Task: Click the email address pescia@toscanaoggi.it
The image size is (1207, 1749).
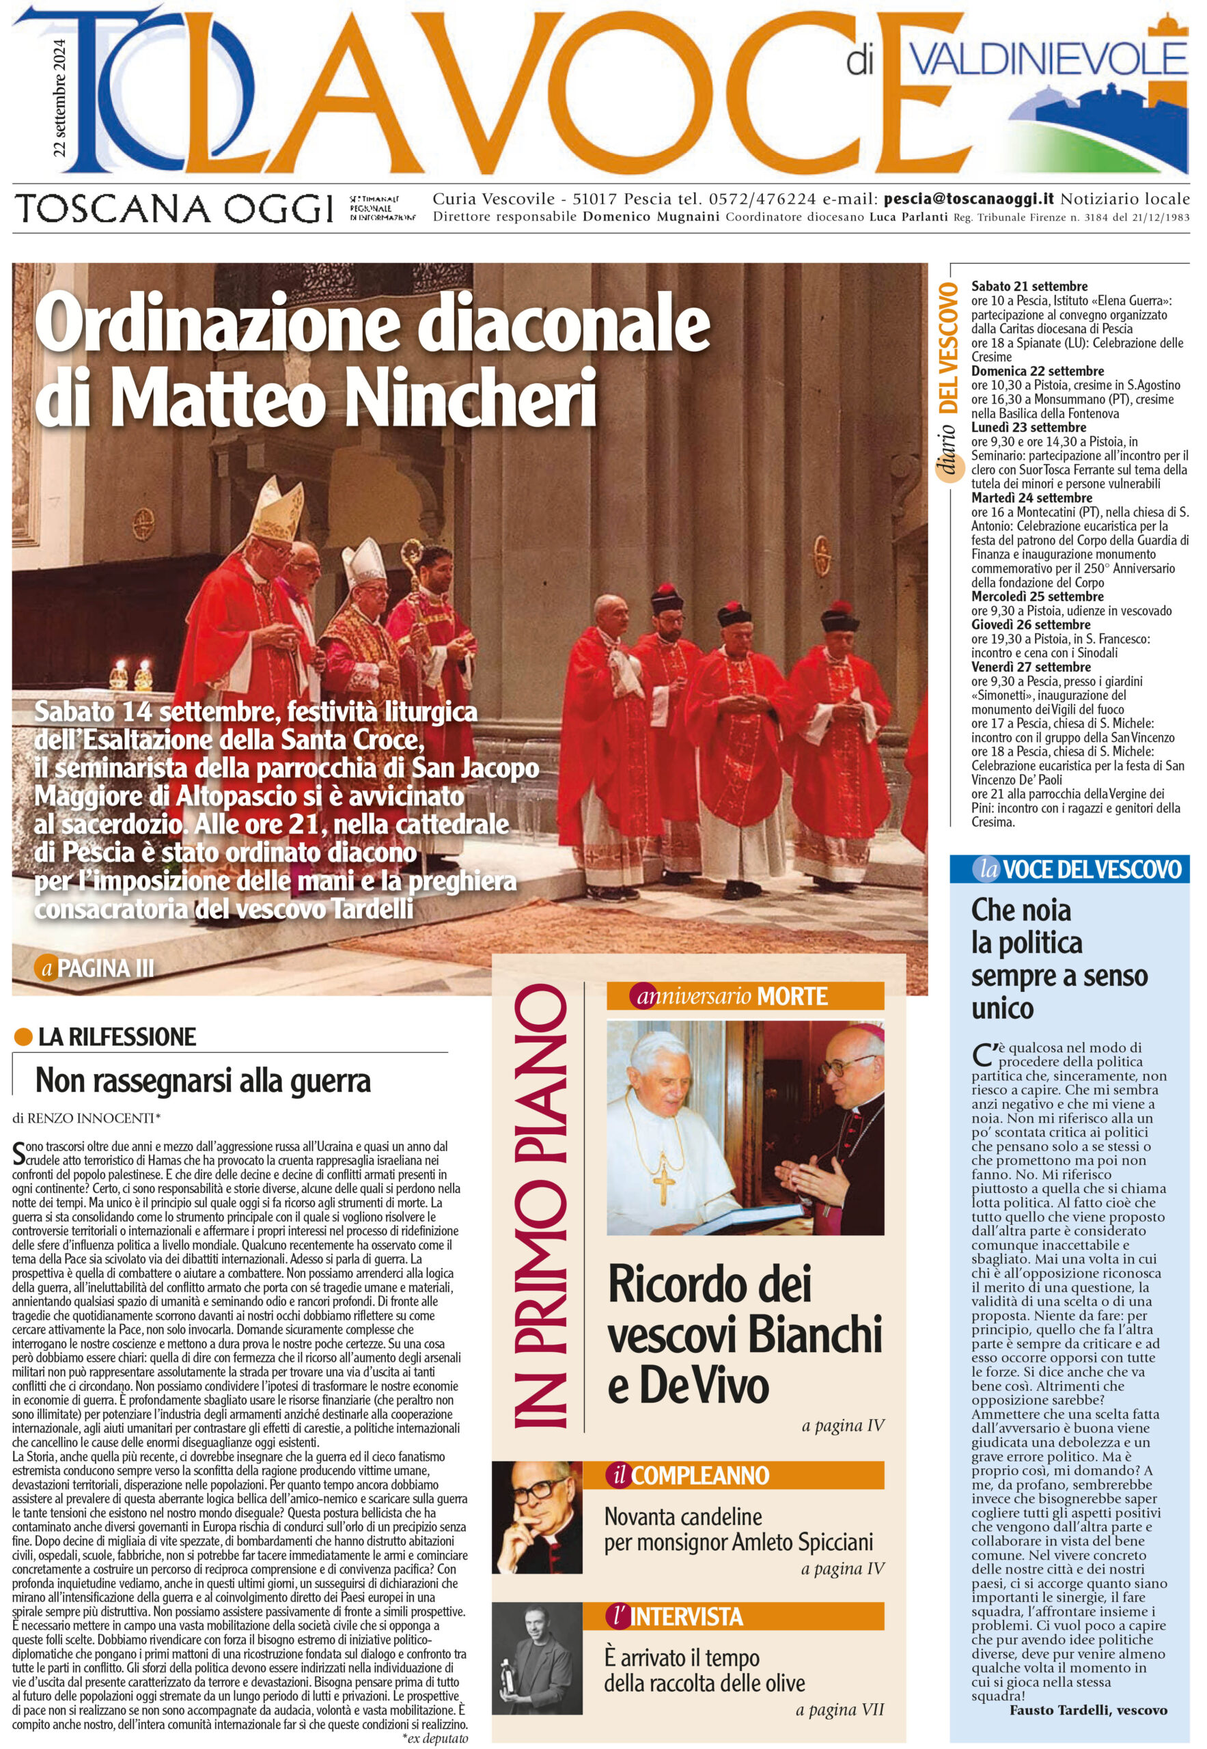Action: (x=968, y=199)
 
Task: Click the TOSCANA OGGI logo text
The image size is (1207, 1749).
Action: (x=176, y=208)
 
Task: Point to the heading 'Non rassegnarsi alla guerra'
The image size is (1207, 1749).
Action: (x=203, y=1080)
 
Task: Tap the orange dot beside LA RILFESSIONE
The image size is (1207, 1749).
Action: (x=23, y=1037)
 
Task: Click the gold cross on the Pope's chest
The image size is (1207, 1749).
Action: (x=663, y=1183)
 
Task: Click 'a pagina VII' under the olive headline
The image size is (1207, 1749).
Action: (x=839, y=1709)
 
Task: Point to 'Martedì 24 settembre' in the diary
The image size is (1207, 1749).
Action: (x=1031, y=498)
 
